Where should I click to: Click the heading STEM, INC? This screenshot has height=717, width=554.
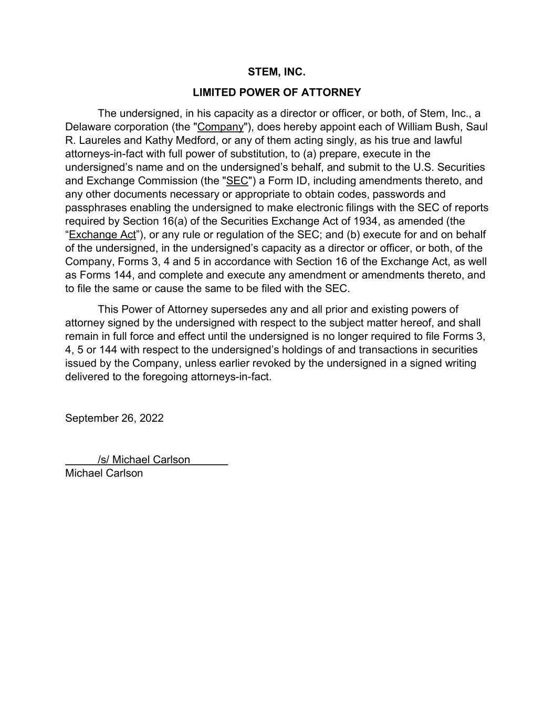276,72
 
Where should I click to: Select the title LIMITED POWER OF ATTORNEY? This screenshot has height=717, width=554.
277,92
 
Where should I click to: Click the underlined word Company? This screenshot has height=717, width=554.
221,127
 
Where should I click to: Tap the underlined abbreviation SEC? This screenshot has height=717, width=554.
237,181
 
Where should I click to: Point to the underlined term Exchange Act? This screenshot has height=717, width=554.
102,235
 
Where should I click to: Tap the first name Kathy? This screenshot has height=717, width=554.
159,141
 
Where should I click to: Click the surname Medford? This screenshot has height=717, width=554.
196,141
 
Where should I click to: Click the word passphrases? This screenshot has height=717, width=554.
96,208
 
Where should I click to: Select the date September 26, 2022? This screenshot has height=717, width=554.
114,418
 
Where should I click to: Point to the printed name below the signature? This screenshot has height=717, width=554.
104,473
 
